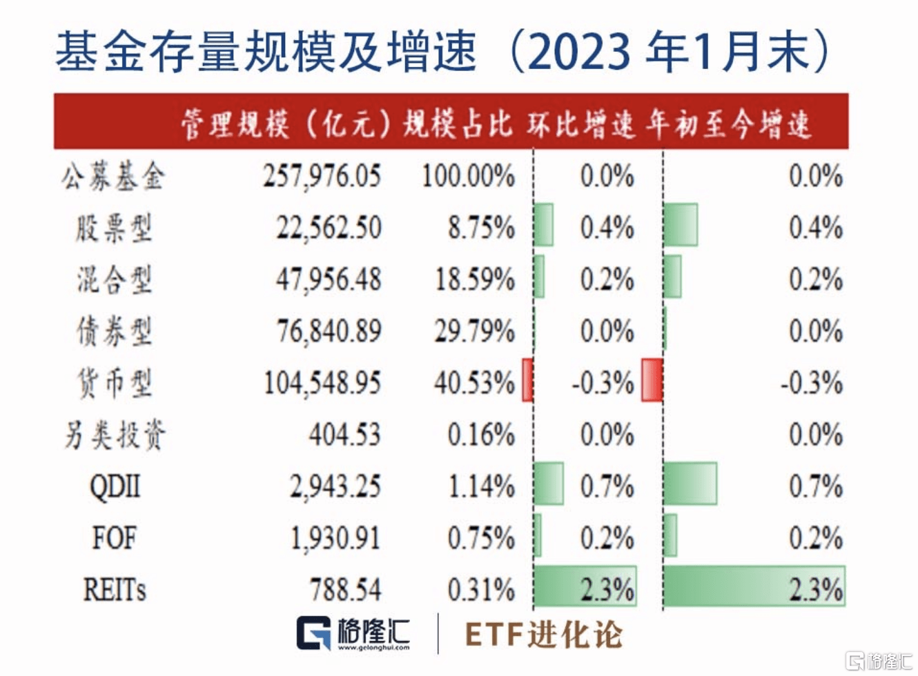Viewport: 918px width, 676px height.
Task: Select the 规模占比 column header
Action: (x=458, y=124)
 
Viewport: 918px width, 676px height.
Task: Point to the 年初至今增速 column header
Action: (x=728, y=124)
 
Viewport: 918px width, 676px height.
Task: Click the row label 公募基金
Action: (x=113, y=177)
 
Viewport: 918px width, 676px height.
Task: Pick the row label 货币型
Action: (x=114, y=384)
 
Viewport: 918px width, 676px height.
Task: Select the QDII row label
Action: (x=115, y=487)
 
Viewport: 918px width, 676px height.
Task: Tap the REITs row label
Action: (x=115, y=590)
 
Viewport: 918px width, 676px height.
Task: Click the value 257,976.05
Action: (x=322, y=177)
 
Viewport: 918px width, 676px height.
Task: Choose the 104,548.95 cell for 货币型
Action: (x=322, y=384)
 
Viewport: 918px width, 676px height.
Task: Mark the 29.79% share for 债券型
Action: (x=474, y=332)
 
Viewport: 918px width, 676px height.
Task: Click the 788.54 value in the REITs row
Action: (x=344, y=590)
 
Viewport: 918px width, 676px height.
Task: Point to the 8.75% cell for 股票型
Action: (x=481, y=228)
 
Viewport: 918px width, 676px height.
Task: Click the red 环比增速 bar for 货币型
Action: (x=527, y=380)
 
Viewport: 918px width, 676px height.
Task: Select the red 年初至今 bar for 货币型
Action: (x=652, y=380)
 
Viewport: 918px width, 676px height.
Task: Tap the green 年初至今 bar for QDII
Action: (x=690, y=484)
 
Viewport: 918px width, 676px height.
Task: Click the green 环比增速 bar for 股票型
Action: (x=544, y=225)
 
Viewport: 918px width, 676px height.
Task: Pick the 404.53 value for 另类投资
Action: (x=344, y=435)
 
